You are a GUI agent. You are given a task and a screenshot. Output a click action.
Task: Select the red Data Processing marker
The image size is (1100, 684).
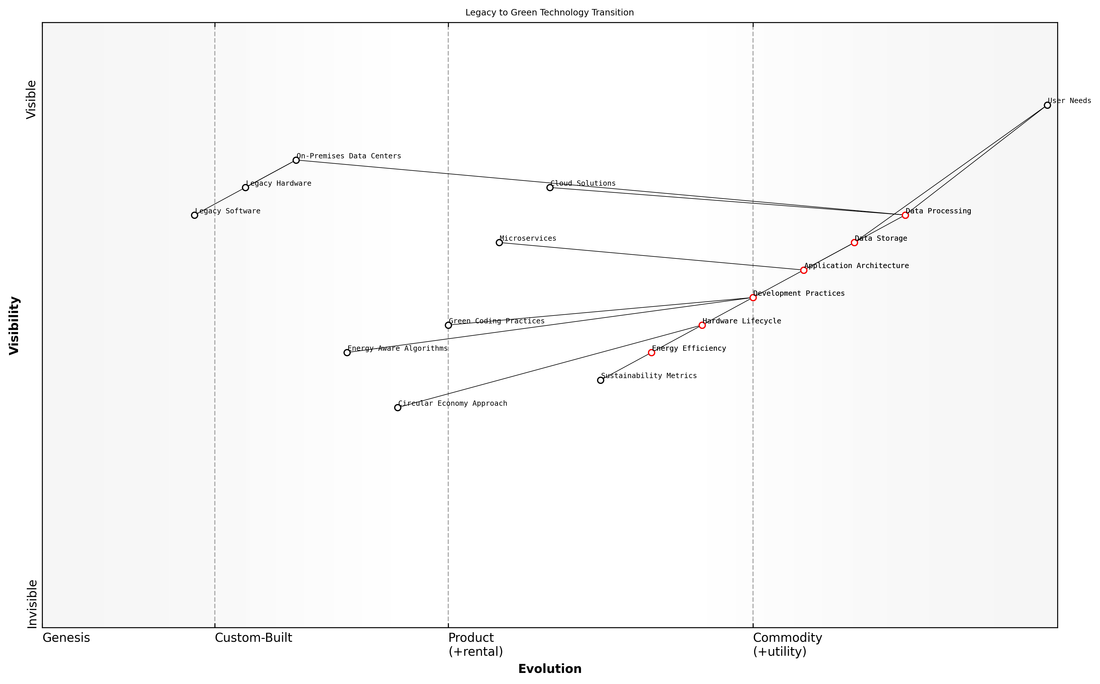pyautogui.click(x=905, y=215)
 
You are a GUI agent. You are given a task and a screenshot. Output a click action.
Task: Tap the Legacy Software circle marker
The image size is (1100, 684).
pyautogui.click(x=194, y=215)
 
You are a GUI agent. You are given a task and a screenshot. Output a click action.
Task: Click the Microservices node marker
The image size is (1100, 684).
pyautogui.click(x=499, y=243)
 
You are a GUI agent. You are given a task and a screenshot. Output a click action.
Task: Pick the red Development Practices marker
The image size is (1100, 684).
pyautogui.click(x=753, y=298)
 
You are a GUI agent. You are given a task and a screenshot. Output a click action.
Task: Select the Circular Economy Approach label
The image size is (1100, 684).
pyautogui.click(x=453, y=403)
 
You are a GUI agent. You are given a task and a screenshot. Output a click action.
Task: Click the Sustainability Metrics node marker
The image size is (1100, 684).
pyautogui.click(x=601, y=380)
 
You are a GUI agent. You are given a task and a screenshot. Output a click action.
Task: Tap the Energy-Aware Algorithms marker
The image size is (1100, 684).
pyautogui.click(x=347, y=353)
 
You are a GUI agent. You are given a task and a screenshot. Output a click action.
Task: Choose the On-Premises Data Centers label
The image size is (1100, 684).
pyautogui.click(x=349, y=156)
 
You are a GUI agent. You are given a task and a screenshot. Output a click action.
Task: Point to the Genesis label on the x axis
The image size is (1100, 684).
pyautogui.click(x=66, y=638)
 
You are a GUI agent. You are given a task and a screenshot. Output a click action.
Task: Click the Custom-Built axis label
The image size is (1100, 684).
pyautogui.click(x=253, y=638)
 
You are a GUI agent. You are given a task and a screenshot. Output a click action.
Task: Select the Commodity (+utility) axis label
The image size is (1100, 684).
pyautogui.click(x=787, y=645)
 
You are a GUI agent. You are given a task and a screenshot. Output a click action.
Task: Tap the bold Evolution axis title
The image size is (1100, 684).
pyautogui.click(x=550, y=669)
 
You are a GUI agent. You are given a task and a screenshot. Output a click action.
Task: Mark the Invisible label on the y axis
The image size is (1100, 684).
pyautogui.click(x=32, y=604)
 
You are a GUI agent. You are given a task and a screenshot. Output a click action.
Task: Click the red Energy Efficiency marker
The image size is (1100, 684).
pyautogui.click(x=651, y=353)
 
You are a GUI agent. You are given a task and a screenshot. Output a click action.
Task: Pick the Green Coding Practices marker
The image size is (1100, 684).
pyautogui.click(x=448, y=325)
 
